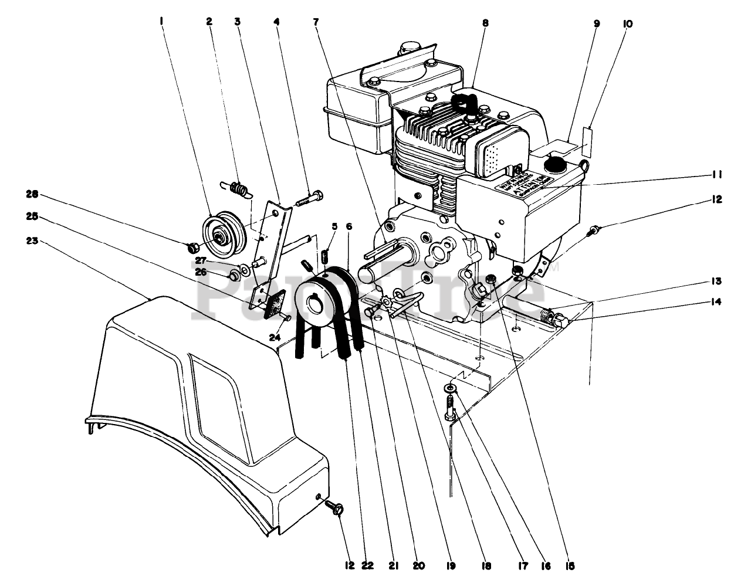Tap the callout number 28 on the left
pyautogui.click(x=32, y=193)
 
